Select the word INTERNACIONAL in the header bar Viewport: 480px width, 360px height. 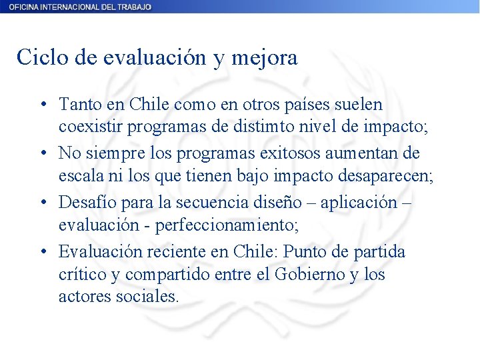66,7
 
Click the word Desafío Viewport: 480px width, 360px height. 83,203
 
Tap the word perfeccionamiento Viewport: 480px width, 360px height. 227,225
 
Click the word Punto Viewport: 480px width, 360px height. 308,252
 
